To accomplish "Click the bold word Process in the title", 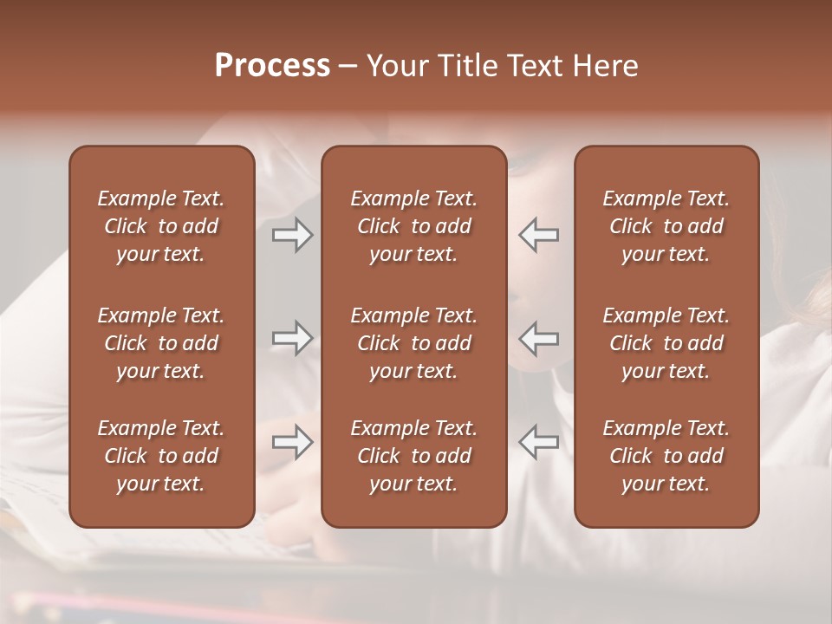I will tap(272, 66).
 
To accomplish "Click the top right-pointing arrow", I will tap(292, 234).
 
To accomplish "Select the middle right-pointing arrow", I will tap(292, 338).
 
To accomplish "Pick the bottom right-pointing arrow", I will tap(292, 442).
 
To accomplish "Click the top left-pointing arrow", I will tap(539, 234).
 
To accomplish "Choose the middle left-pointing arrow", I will tap(539, 338).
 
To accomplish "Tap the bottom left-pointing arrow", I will tap(539, 442).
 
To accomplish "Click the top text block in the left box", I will tap(161, 226).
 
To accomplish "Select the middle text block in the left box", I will tap(161, 343).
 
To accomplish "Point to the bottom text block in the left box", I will tap(161, 456).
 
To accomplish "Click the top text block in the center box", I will tap(413, 226).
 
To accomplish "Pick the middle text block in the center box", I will tap(413, 343).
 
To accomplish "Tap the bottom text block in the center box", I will tap(413, 456).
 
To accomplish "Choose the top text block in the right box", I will tap(666, 226).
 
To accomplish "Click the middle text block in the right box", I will tap(666, 343).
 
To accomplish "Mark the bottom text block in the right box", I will tap(666, 456).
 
